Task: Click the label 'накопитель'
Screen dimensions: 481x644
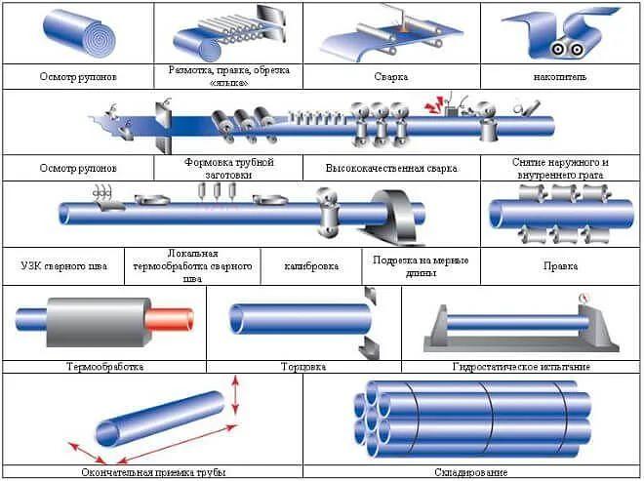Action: point(560,75)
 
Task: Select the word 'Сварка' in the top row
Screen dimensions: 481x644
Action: point(389,75)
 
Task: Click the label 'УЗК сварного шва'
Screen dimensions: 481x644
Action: point(63,265)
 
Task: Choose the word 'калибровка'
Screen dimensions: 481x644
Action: point(311,265)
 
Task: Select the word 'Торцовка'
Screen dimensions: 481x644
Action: point(303,367)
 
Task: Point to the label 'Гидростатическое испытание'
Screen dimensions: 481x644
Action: point(521,367)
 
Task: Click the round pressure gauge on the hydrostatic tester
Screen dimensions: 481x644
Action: point(584,298)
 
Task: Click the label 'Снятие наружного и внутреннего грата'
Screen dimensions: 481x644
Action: point(560,168)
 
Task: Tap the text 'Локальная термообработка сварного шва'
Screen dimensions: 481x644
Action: point(193,265)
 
